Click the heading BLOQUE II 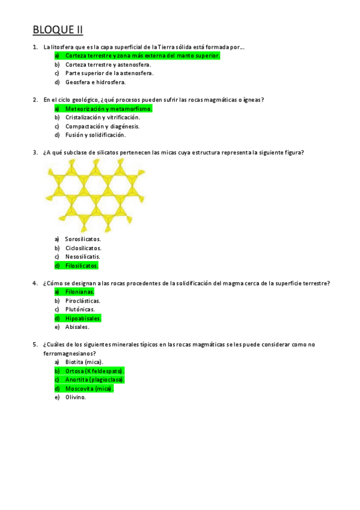(x=57, y=29)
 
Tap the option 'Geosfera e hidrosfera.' (x=95, y=82)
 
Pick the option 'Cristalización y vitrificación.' (x=106, y=118)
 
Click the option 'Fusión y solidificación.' (x=95, y=135)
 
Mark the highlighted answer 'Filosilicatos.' (x=81, y=265)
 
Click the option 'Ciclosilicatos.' (x=83, y=248)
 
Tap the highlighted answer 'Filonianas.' (x=79, y=292)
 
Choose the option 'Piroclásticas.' (x=83, y=301)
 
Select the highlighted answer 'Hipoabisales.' (x=83, y=318)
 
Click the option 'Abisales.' (x=77, y=327)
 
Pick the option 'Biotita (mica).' (x=84, y=362)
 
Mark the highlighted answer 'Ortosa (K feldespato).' (x=94, y=371)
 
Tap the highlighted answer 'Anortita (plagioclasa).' (x=94, y=380)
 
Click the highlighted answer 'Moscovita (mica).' (x=89, y=389)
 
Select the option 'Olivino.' (x=76, y=398)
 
